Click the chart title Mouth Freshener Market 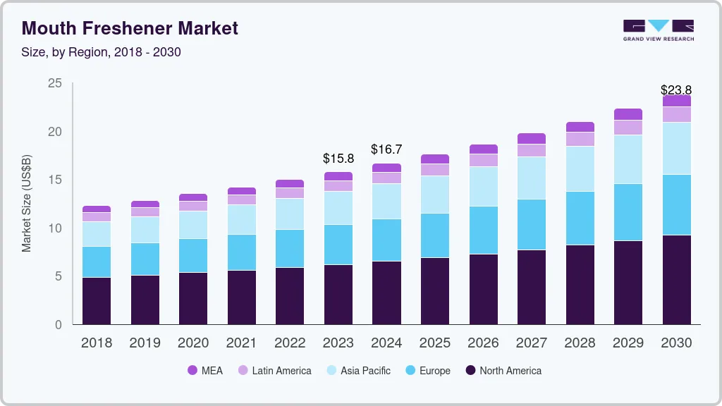tap(130, 28)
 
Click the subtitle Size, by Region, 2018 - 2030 tap(102, 52)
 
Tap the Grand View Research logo tap(658, 30)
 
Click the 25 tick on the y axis tap(54, 84)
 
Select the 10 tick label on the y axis tap(54, 228)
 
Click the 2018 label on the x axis tap(97, 343)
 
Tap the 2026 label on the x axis tap(483, 343)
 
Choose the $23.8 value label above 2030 tap(675, 90)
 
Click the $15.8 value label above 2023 tap(338, 159)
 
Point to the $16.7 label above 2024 tap(386, 149)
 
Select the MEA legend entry tap(205, 371)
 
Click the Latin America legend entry tap(274, 371)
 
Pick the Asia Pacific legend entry tap(357, 371)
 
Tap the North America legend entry tap(503, 371)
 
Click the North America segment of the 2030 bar tap(676, 280)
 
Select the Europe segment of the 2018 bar tap(97, 262)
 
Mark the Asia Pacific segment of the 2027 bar tap(531, 178)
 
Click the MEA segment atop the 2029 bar tap(628, 114)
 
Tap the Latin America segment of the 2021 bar tap(242, 199)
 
